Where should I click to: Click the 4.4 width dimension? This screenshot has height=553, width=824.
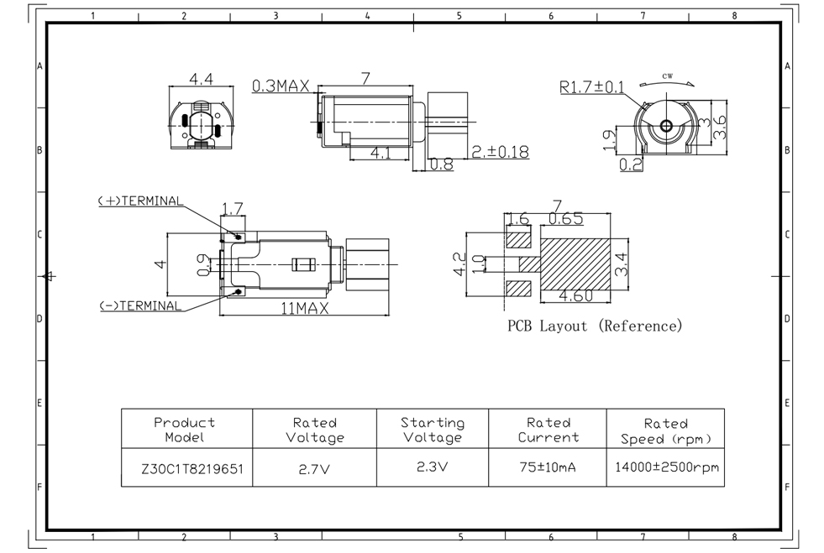(x=201, y=80)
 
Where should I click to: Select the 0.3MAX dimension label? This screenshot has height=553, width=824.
(x=281, y=86)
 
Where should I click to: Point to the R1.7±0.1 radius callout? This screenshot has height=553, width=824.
(x=591, y=86)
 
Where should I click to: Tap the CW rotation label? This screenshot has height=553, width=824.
(x=668, y=76)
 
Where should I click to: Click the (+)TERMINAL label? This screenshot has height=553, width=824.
(x=139, y=201)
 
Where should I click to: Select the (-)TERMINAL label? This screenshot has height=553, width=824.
(x=139, y=306)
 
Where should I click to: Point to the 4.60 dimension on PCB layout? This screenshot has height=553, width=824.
(x=576, y=295)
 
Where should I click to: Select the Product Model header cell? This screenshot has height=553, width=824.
(x=185, y=430)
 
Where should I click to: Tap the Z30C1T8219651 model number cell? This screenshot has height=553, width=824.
(x=186, y=470)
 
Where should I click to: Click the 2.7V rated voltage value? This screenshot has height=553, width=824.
(x=314, y=470)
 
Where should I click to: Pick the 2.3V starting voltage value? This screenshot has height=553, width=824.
(x=432, y=468)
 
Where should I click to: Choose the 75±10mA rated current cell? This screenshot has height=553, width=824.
(x=547, y=468)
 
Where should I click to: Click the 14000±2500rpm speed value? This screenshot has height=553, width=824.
(x=665, y=468)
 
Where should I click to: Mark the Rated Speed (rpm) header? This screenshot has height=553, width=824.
(x=665, y=430)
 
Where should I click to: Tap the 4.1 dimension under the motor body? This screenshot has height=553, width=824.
(x=380, y=153)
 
